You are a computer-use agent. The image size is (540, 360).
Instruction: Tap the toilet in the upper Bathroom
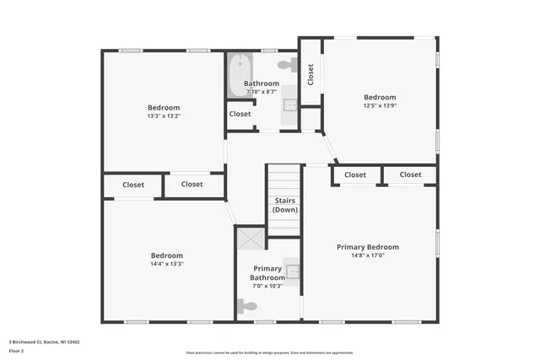(287, 63)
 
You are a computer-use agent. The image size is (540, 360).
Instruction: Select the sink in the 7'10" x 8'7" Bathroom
(290, 104)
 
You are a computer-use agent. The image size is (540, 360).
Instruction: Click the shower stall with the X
(249, 239)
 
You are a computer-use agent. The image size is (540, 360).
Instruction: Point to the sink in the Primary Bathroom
(292, 271)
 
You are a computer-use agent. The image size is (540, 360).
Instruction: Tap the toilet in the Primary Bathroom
(247, 307)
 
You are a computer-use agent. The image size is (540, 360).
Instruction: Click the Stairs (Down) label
(285, 205)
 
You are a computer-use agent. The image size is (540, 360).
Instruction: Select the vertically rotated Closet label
(310, 74)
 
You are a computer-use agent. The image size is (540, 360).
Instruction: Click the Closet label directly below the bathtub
(240, 114)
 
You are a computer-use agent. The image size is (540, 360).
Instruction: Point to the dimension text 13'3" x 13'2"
(164, 116)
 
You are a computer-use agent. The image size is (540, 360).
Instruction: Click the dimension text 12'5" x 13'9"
(380, 106)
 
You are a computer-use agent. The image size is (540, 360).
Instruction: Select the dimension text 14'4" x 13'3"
(167, 264)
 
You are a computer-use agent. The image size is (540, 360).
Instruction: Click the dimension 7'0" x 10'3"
(267, 286)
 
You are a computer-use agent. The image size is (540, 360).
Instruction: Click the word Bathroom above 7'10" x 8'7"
(262, 83)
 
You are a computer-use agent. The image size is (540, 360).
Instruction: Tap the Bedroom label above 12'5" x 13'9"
(380, 97)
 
